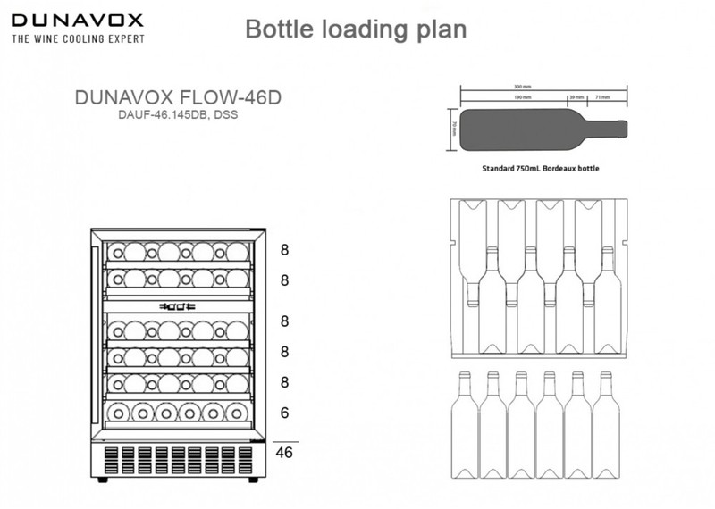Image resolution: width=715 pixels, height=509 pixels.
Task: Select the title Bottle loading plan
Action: click(x=355, y=29)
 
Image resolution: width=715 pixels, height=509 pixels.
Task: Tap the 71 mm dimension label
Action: click(x=602, y=96)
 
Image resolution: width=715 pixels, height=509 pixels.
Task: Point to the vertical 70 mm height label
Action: click(x=454, y=126)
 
